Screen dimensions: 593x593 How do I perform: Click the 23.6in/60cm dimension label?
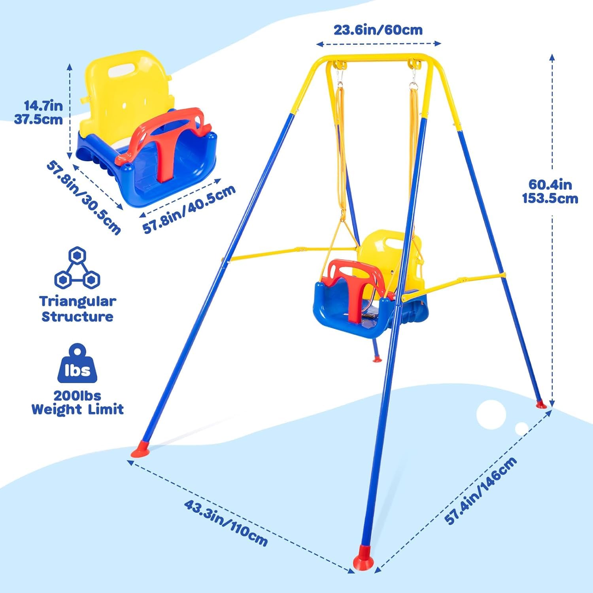[x=378, y=30]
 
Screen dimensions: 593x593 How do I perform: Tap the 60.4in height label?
[x=550, y=191]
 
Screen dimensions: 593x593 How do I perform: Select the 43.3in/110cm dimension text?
[x=226, y=523]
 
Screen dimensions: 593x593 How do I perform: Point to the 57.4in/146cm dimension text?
[x=481, y=491]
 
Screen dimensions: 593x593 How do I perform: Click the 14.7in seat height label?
[x=39, y=112]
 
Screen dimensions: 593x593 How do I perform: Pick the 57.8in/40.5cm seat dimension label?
[x=189, y=209]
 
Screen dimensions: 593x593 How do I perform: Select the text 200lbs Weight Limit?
[x=77, y=402]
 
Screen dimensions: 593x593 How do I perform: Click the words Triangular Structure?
[x=77, y=309]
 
